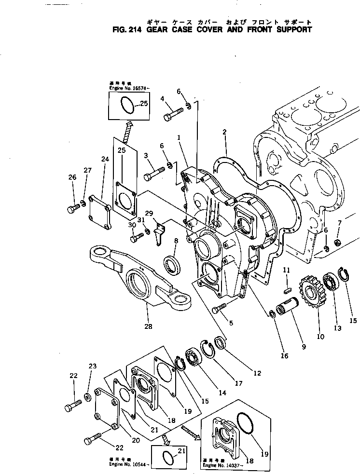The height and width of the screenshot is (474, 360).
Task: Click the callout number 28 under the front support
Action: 148,326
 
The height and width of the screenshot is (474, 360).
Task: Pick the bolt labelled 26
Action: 72,209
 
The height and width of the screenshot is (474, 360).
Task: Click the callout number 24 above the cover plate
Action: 105,159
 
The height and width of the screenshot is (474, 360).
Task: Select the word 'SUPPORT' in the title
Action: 291,29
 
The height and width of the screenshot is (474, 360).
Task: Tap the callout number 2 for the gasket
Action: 225,132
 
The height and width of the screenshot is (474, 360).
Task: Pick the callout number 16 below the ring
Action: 284,356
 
